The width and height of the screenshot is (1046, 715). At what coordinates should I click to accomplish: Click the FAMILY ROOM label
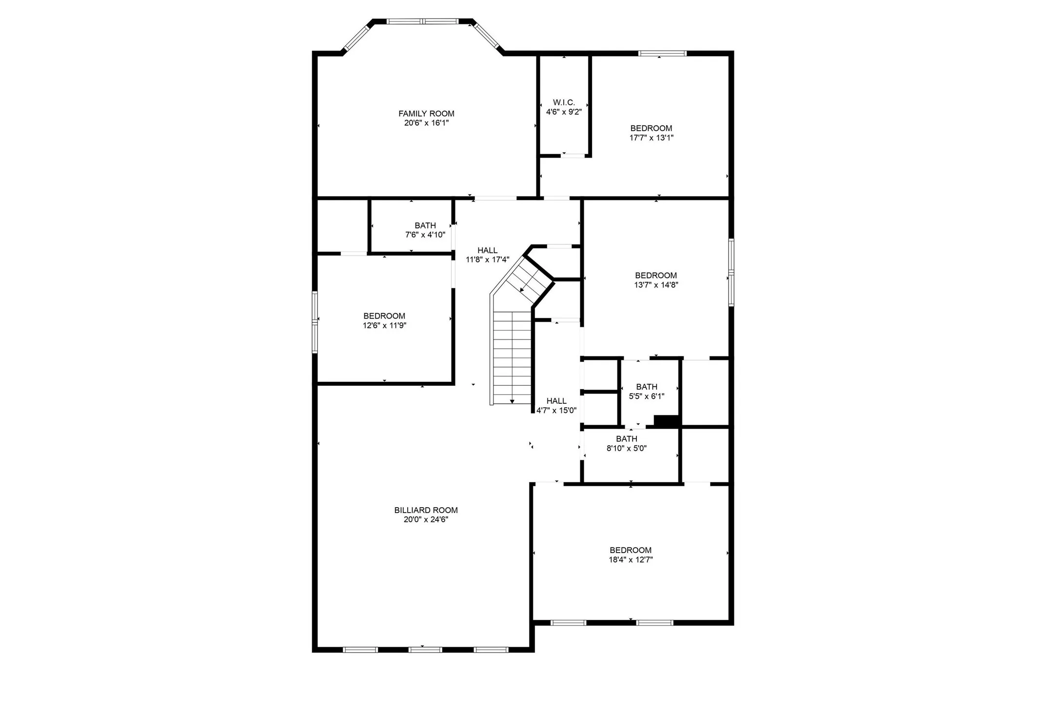pos(426,114)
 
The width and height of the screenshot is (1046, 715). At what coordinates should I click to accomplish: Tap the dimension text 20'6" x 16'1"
pos(426,123)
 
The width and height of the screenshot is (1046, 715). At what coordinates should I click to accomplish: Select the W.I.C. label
pos(564,102)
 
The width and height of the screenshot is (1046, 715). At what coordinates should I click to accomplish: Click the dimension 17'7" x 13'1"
pos(651,138)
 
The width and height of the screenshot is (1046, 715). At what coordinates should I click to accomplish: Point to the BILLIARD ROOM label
pos(426,510)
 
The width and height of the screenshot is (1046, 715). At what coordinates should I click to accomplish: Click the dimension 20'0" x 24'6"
pos(426,519)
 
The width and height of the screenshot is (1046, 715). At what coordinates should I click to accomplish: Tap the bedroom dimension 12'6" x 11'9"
pos(384,325)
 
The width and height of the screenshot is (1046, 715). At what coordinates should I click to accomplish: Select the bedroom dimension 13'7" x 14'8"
pos(656,285)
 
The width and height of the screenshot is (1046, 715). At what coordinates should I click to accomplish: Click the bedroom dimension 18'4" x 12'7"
pos(631,559)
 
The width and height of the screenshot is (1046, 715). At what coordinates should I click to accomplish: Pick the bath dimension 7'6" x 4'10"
pos(425,235)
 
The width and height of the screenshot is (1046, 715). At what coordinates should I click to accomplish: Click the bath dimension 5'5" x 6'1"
pos(647,396)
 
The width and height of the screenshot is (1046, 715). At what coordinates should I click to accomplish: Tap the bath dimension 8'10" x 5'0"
pos(627,448)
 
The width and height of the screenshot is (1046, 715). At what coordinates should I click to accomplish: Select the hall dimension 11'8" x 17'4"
pos(487,260)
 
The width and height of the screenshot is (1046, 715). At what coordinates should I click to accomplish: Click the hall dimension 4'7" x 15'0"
pos(556,410)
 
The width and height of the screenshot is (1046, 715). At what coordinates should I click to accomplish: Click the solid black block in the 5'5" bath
pos(667,420)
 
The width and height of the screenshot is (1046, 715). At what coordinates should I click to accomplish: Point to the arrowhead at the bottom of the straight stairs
pos(512,401)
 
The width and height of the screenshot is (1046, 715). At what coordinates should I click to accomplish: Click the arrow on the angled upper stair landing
pos(522,290)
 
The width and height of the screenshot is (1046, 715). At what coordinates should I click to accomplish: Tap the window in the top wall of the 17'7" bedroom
pos(662,53)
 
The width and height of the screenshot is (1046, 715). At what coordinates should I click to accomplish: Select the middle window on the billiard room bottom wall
pos(425,649)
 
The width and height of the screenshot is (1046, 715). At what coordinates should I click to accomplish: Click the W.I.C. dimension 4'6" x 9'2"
pos(564,112)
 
